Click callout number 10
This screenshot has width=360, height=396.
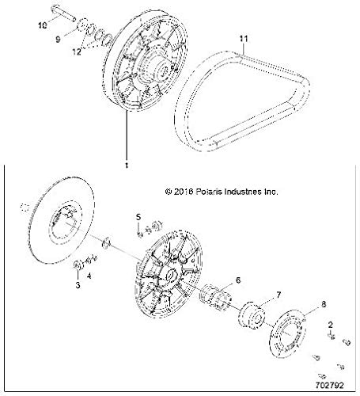click(43, 26)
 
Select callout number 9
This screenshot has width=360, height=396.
click(58, 38)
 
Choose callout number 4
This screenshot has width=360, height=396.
click(89, 276)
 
